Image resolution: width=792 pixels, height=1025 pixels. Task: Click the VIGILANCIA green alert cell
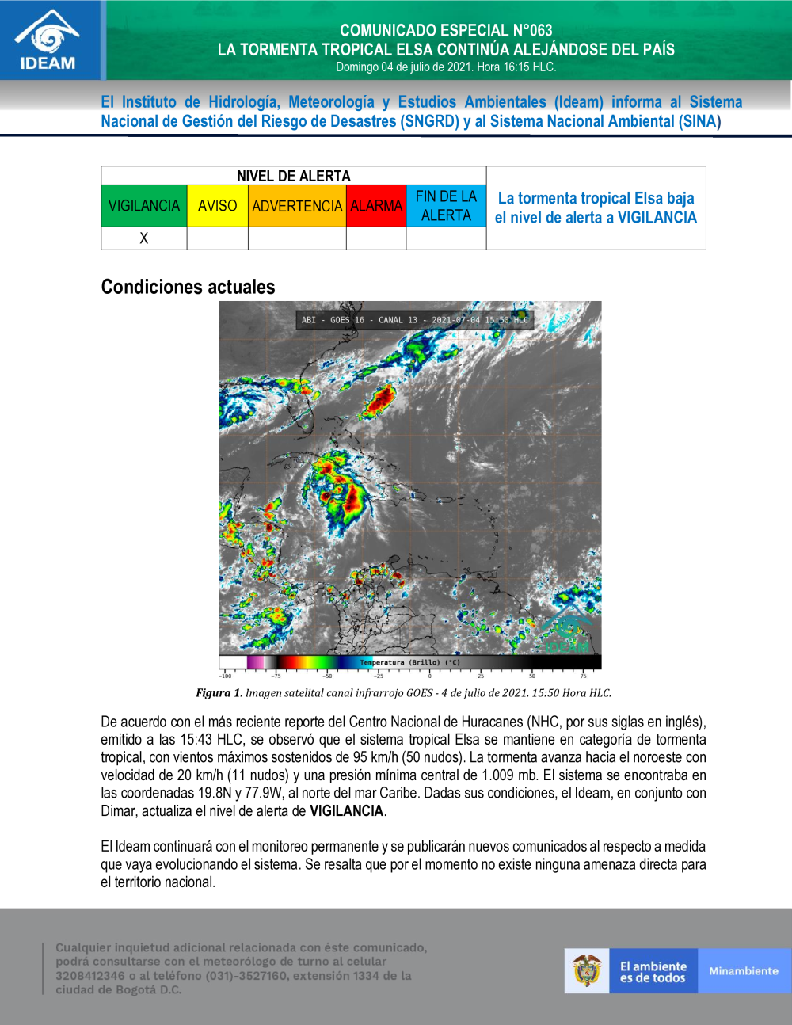[144, 206]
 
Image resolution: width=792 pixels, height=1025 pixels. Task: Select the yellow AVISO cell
[217, 206]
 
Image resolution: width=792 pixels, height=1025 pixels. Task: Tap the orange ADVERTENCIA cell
[297, 206]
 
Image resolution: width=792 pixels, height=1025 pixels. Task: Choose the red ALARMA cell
[376, 206]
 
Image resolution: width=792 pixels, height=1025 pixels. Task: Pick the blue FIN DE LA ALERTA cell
[446, 206]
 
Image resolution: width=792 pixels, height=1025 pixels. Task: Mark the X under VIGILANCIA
[144, 238]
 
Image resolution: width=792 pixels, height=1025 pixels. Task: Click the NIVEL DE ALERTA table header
[293, 176]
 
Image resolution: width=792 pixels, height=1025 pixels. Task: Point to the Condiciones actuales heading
[188, 287]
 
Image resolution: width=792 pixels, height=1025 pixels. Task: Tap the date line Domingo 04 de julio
[446, 67]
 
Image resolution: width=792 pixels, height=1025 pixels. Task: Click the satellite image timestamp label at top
[414, 320]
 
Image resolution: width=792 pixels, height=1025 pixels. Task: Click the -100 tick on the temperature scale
[226, 676]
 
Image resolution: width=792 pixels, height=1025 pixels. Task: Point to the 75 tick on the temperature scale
[583, 676]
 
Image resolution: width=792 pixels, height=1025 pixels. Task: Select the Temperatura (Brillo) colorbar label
[409, 662]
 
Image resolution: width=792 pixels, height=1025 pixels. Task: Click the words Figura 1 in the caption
[218, 693]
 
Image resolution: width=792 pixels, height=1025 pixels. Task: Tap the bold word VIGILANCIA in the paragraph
[346, 811]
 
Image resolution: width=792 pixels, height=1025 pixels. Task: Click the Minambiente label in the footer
[744, 971]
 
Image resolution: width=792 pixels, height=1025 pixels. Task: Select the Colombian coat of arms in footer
[587, 971]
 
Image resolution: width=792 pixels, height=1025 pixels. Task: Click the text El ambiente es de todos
[653, 972]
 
